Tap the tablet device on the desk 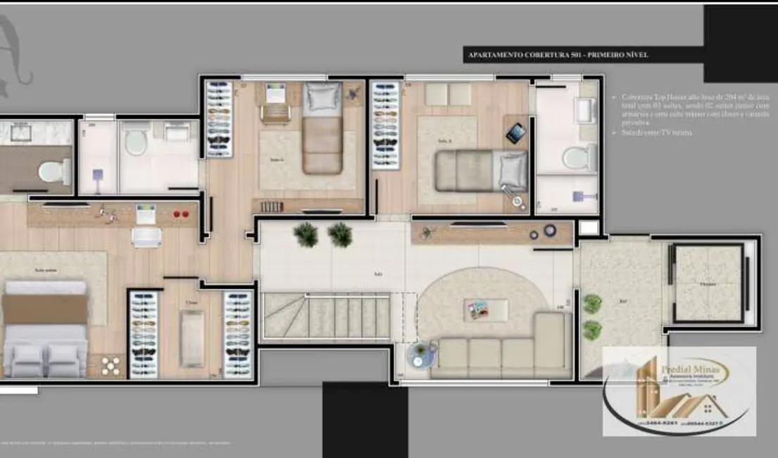(x=516, y=133)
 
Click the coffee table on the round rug (x=486, y=310)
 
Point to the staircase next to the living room (x=327, y=316)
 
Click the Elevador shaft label (x=708, y=285)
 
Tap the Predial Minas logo (x=679, y=391)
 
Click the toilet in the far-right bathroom (x=578, y=157)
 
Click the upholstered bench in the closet (x=192, y=339)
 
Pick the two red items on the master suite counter (x=181, y=213)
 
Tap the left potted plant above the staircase (x=306, y=235)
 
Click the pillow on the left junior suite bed (x=322, y=98)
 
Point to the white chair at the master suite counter (x=146, y=236)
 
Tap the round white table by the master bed (x=111, y=366)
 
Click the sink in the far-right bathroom (x=584, y=109)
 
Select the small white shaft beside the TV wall (x=588, y=228)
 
